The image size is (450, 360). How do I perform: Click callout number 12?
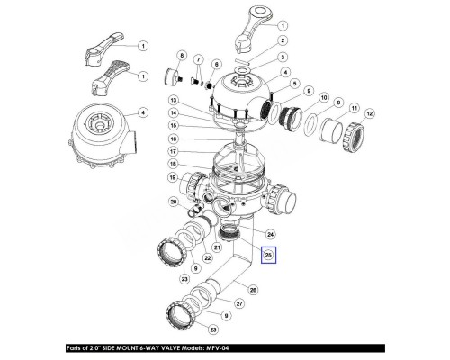369,114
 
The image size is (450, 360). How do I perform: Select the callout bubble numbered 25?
268,256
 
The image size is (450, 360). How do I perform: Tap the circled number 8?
182,56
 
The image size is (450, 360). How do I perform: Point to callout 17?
173,152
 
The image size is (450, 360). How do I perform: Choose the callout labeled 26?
254,290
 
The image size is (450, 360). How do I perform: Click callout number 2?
283,40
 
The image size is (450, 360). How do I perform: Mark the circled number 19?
173,178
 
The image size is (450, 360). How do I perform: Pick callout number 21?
217,247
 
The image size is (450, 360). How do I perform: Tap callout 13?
173,100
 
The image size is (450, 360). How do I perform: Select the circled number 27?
239,304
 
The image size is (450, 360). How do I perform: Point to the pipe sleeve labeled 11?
331,130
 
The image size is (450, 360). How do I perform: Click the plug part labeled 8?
173,76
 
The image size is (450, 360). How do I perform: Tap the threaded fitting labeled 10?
291,116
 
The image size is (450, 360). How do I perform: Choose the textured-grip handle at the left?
110,77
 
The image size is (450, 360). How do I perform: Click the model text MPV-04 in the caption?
217,348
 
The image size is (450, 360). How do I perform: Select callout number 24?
271,234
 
